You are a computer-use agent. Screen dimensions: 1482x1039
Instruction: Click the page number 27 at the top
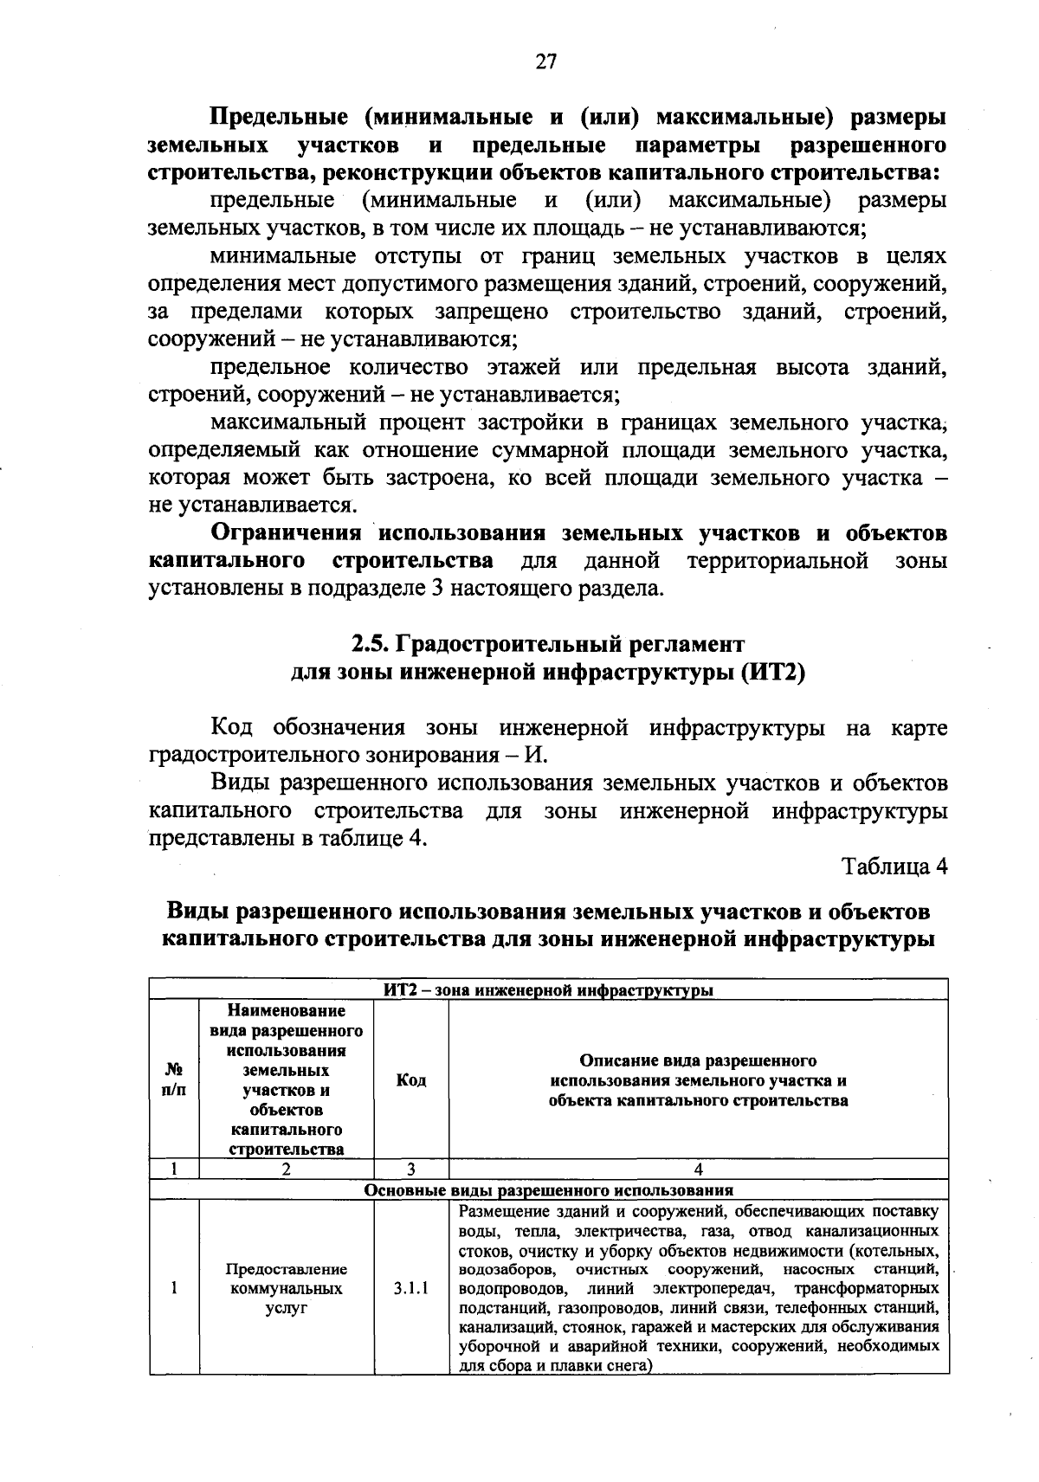546,61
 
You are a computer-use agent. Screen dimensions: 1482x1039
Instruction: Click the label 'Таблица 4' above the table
894,867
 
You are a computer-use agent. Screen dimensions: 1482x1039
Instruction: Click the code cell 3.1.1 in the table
410,1288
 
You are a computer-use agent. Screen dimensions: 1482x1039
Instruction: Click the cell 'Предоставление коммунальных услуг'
286,1288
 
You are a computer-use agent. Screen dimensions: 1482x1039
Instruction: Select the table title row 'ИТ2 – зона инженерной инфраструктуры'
548,990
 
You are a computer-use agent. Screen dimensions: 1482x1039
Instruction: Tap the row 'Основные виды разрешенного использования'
548,1190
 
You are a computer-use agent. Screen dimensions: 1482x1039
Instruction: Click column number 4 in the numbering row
699,1169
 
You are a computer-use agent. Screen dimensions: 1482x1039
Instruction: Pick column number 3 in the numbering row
410,1169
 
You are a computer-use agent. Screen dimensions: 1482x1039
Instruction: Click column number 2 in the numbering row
286,1169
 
